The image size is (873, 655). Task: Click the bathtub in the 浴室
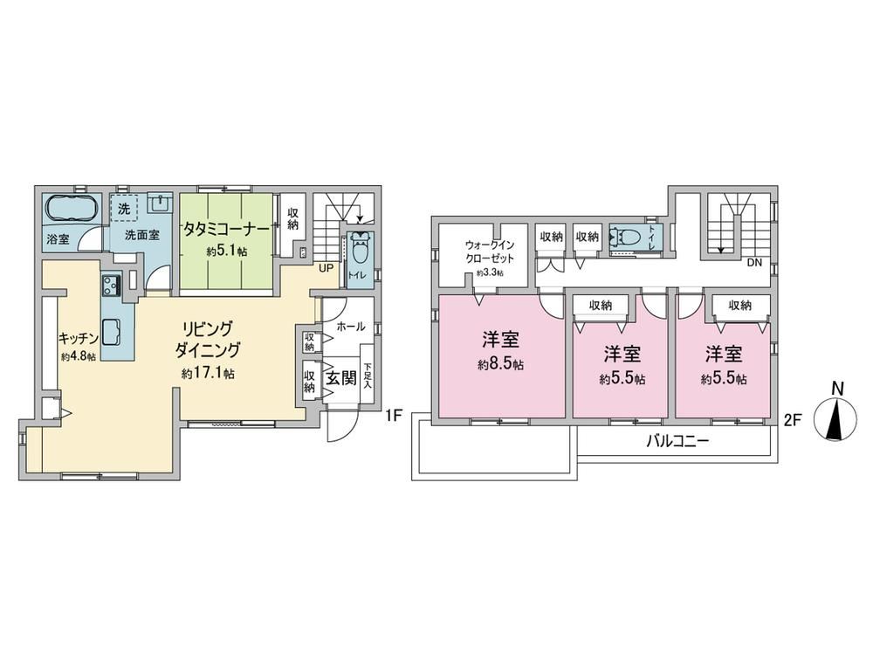(71, 209)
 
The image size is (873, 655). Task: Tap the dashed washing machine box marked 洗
(124, 209)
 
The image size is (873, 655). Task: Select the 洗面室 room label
(141, 235)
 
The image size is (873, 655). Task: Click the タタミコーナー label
(227, 229)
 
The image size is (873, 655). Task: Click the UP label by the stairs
(326, 268)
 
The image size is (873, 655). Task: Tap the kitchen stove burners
(112, 286)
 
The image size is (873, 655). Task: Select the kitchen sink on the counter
(111, 333)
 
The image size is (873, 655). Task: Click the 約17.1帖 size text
(208, 373)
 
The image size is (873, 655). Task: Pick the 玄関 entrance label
(340, 378)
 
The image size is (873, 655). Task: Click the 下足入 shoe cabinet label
(368, 376)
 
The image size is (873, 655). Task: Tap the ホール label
(351, 327)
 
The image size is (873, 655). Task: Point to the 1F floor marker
(393, 415)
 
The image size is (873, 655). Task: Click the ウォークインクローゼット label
(490, 252)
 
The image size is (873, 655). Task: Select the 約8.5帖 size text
(500, 365)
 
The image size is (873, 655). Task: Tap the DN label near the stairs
(754, 263)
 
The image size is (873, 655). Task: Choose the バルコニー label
(677, 442)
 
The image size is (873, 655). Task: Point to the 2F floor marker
(793, 421)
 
